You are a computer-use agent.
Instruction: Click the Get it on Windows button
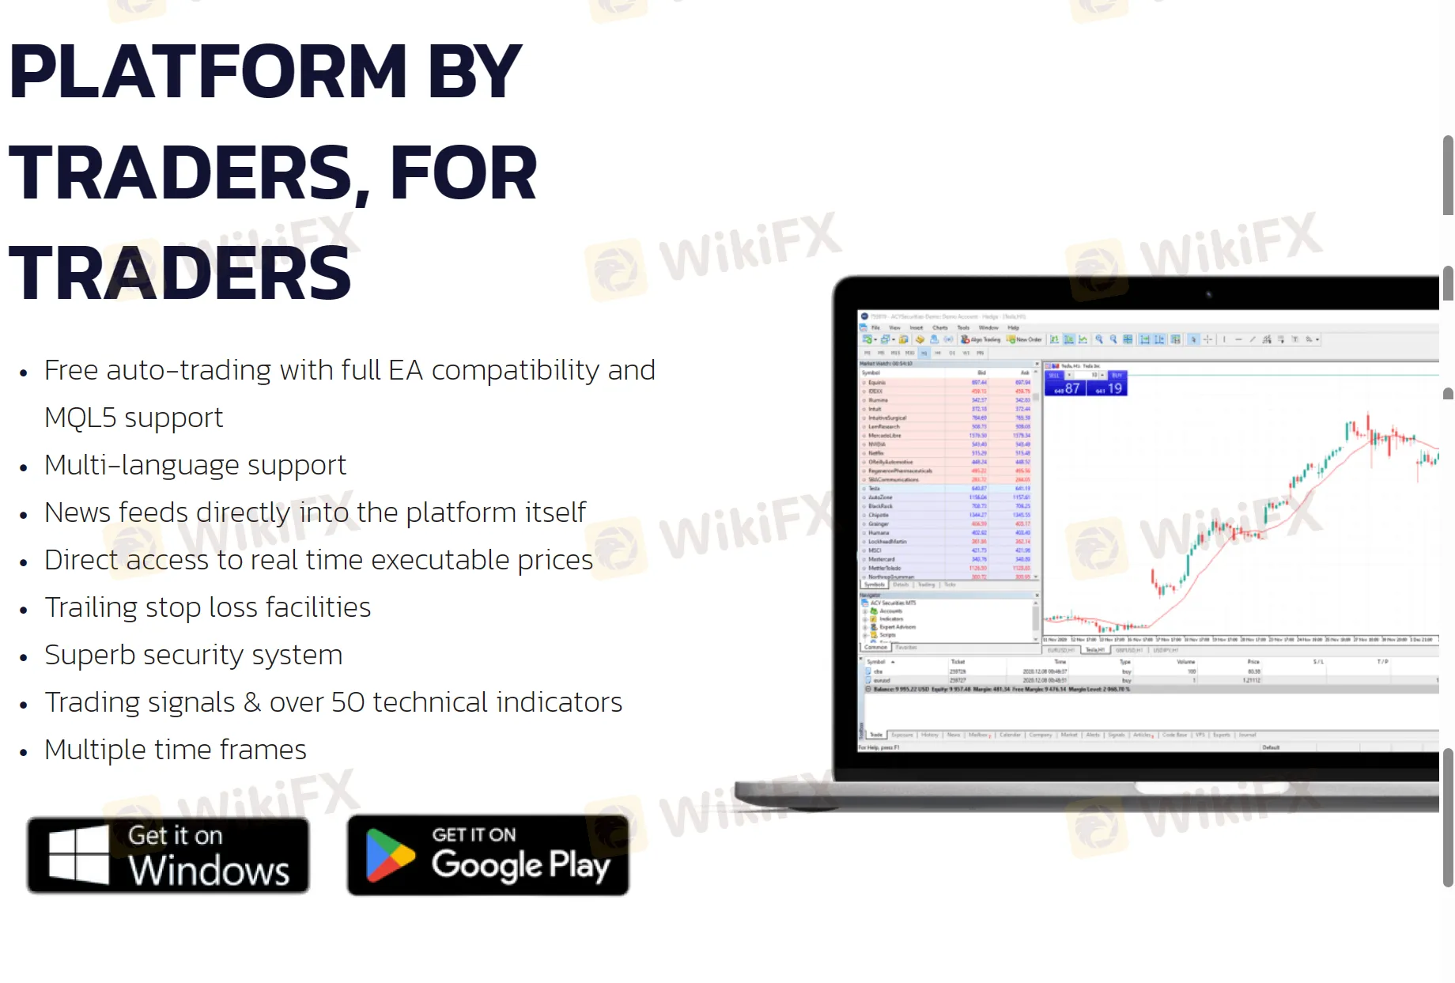pos(168,856)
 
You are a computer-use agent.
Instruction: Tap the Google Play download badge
pos(488,856)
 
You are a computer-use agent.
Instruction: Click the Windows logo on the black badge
pos(78,856)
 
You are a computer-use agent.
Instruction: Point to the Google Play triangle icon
pos(389,856)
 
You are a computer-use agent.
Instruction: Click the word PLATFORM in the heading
pos(208,73)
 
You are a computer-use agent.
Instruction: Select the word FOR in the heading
pos(463,174)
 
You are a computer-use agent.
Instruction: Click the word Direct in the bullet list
pos(81,560)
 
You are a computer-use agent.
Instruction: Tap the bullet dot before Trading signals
pos(24,705)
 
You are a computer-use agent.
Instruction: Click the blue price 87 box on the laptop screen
pos(1065,388)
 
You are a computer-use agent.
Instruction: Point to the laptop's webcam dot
pos(1208,294)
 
